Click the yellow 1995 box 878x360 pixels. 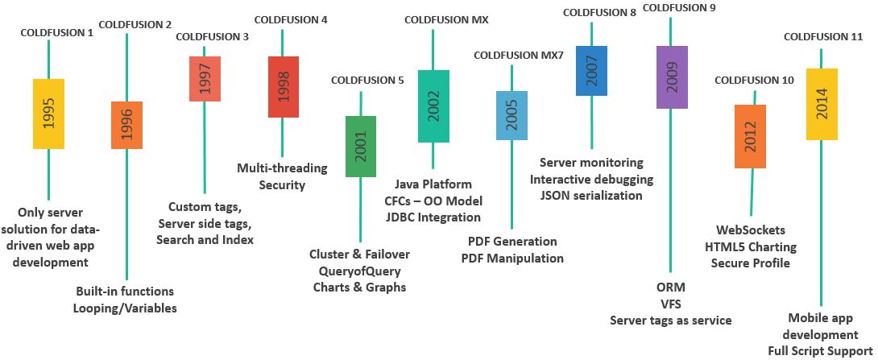tap(49, 114)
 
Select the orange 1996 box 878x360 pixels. tap(126, 125)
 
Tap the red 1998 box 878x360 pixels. tap(284, 87)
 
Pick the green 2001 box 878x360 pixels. tap(360, 146)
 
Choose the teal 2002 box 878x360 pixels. tap(433, 106)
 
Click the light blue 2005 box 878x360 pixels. tap(511, 115)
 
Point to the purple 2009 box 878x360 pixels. tap(672, 77)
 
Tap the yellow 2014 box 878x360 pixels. tap(822, 104)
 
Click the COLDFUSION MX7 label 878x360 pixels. tap(518, 55)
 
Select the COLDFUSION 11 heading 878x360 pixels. tap(822, 36)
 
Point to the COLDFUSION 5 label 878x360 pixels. tap(367, 80)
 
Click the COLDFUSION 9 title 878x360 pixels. tap(680, 8)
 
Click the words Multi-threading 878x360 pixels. tap(282, 168)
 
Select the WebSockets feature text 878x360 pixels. tap(750, 231)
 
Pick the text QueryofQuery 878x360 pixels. tap(359, 271)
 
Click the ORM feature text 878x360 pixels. tap(670, 288)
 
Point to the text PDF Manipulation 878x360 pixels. tap(512, 258)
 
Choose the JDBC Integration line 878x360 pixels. tap(433, 217)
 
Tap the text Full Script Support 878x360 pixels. tap(820, 350)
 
